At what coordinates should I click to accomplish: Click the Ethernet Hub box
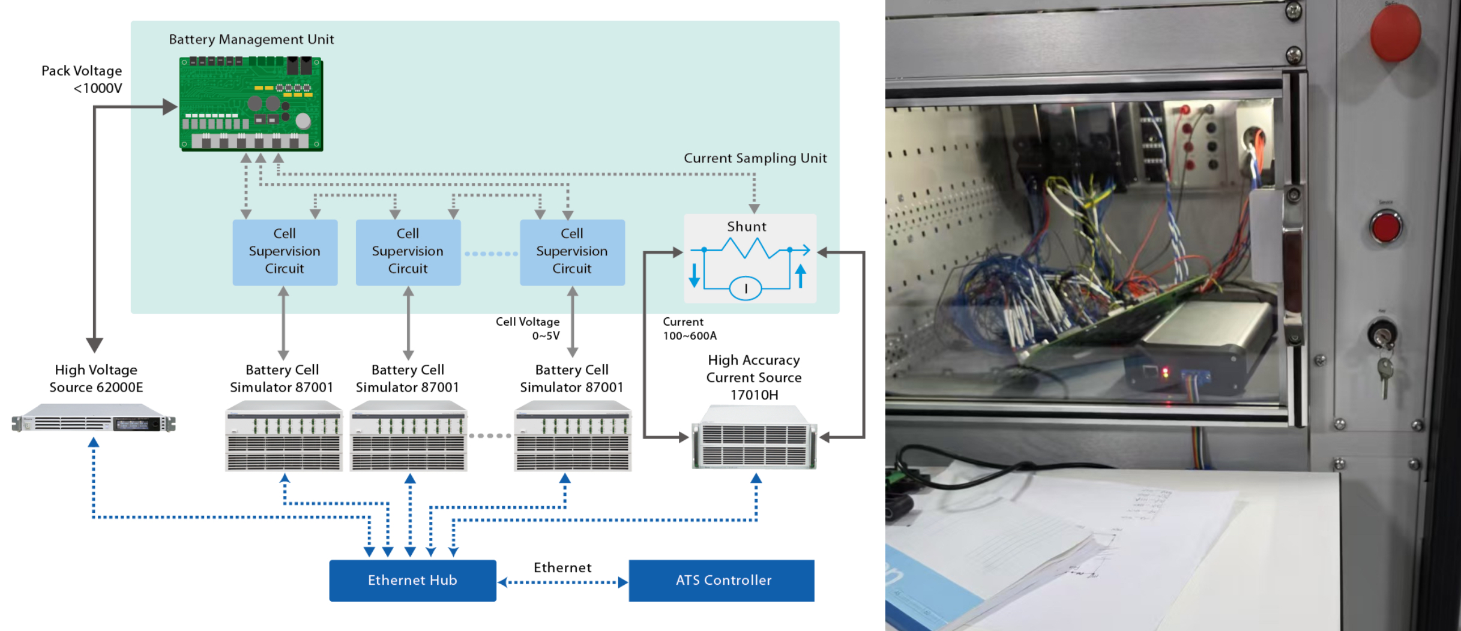coord(412,580)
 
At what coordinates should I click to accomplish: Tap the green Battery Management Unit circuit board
coord(252,104)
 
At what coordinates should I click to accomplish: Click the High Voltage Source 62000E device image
coord(94,423)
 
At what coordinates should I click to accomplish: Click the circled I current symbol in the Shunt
coord(746,289)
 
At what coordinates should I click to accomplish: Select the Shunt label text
coord(747,227)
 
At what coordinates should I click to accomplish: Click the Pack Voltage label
coord(82,79)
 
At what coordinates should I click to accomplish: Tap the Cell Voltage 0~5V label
coord(528,329)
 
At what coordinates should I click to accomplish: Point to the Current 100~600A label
coord(689,329)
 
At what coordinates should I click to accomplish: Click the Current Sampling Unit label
coord(755,158)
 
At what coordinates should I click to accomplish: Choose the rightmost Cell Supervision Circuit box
coord(572,252)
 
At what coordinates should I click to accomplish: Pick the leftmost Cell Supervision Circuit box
coord(285,252)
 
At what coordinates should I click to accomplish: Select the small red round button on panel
coord(1385,227)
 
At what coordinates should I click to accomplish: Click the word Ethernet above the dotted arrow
coord(562,567)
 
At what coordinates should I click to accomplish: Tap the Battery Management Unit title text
coord(251,40)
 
